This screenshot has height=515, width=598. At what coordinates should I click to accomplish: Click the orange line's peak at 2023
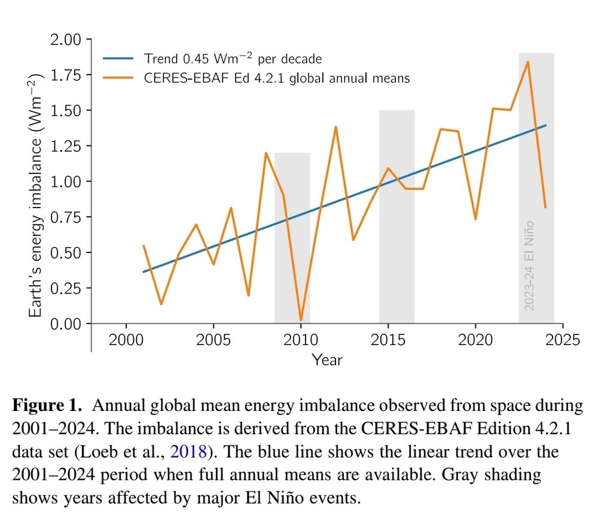click(x=527, y=62)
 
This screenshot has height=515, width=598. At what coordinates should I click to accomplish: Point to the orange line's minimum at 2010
click(x=300, y=321)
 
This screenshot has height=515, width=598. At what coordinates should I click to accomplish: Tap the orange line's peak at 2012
click(x=335, y=127)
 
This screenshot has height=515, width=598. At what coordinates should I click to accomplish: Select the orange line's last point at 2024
click(x=545, y=208)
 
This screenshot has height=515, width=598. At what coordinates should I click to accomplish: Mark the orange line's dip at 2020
click(x=475, y=219)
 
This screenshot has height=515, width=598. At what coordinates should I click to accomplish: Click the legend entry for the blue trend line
click(x=233, y=59)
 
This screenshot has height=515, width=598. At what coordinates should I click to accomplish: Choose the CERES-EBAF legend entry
click(x=277, y=78)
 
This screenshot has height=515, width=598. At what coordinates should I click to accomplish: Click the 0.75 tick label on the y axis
click(x=67, y=217)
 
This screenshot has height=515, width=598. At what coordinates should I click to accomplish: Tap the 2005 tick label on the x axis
click(x=213, y=340)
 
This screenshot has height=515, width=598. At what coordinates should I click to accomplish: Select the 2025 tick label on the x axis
click(x=563, y=340)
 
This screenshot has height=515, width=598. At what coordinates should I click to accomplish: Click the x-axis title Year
click(x=327, y=359)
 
